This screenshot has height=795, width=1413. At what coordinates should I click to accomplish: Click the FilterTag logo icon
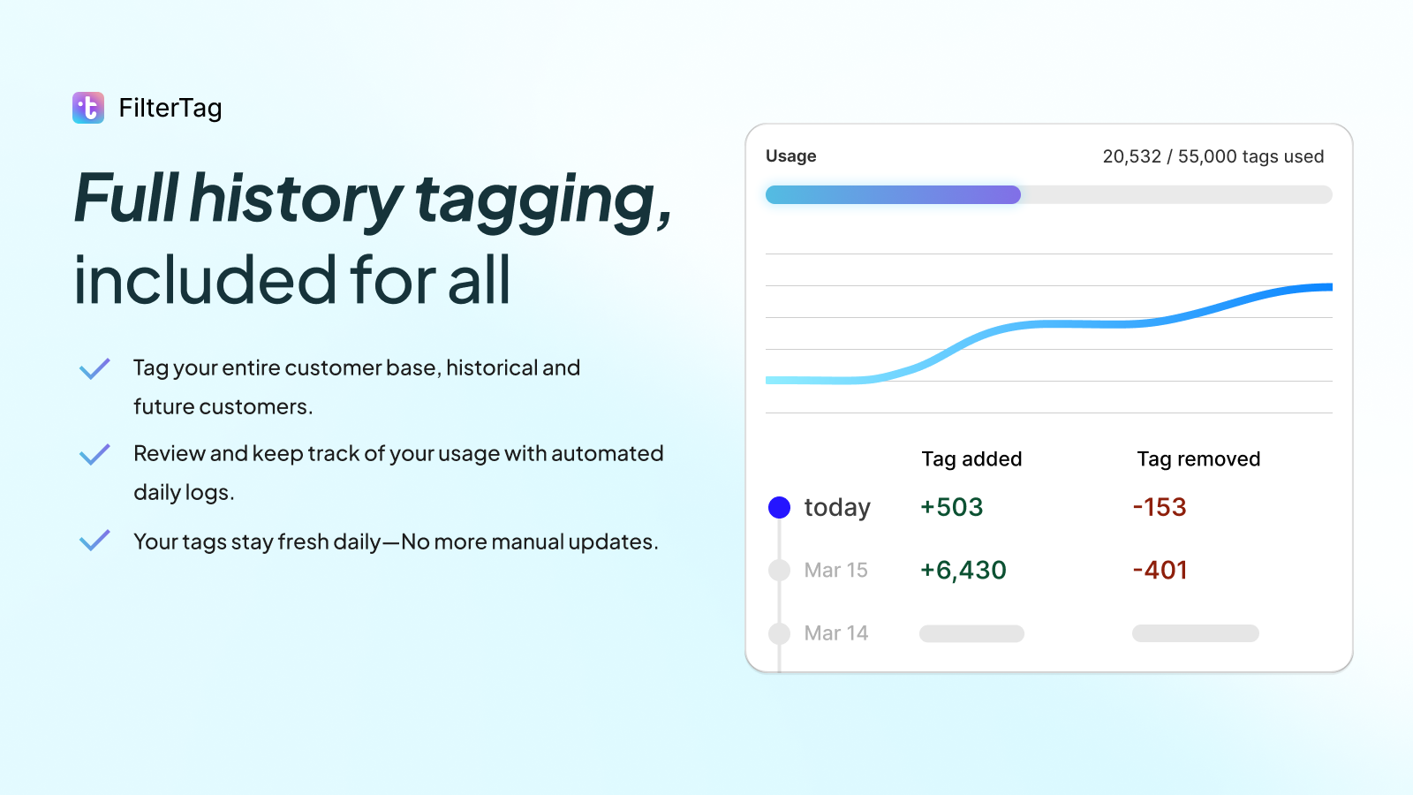[x=88, y=108]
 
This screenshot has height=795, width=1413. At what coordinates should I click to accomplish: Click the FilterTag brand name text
[x=170, y=108]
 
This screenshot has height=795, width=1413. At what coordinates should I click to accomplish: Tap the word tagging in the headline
[x=542, y=201]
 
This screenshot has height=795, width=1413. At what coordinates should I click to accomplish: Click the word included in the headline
[x=205, y=281]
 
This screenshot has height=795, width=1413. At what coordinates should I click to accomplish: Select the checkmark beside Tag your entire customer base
[x=94, y=368]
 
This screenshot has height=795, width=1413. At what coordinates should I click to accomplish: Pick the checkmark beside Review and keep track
[x=94, y=454]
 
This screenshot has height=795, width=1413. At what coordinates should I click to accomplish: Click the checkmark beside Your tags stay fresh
[x=94, y=540]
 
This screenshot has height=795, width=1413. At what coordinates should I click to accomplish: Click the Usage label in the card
[x=790, y=156]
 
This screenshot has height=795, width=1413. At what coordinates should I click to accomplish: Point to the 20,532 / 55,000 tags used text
[x=1213, y=156]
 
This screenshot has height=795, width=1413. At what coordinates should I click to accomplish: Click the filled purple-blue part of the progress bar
[x=892, y=194]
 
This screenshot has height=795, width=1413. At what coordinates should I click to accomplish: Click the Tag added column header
[x=971, y=459]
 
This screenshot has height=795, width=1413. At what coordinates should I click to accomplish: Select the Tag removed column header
[x=1198, y=459]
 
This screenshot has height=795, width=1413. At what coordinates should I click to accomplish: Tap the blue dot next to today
[x=779, y=507]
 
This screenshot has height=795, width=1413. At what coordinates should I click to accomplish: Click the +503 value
[x=951, y=507]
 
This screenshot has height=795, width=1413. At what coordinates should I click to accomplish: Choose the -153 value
[x=1160, y=507]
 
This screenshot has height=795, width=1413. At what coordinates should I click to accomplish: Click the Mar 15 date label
[x=835, y=571]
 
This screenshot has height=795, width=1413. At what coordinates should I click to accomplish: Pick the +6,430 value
[x=963, y=571]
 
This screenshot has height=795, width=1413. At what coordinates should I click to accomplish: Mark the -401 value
[x=1160, y=571]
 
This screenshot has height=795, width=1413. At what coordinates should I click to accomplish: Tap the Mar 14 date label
[x=835, y=633]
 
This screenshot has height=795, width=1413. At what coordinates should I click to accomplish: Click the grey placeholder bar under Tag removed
[x=1195, y=633]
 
